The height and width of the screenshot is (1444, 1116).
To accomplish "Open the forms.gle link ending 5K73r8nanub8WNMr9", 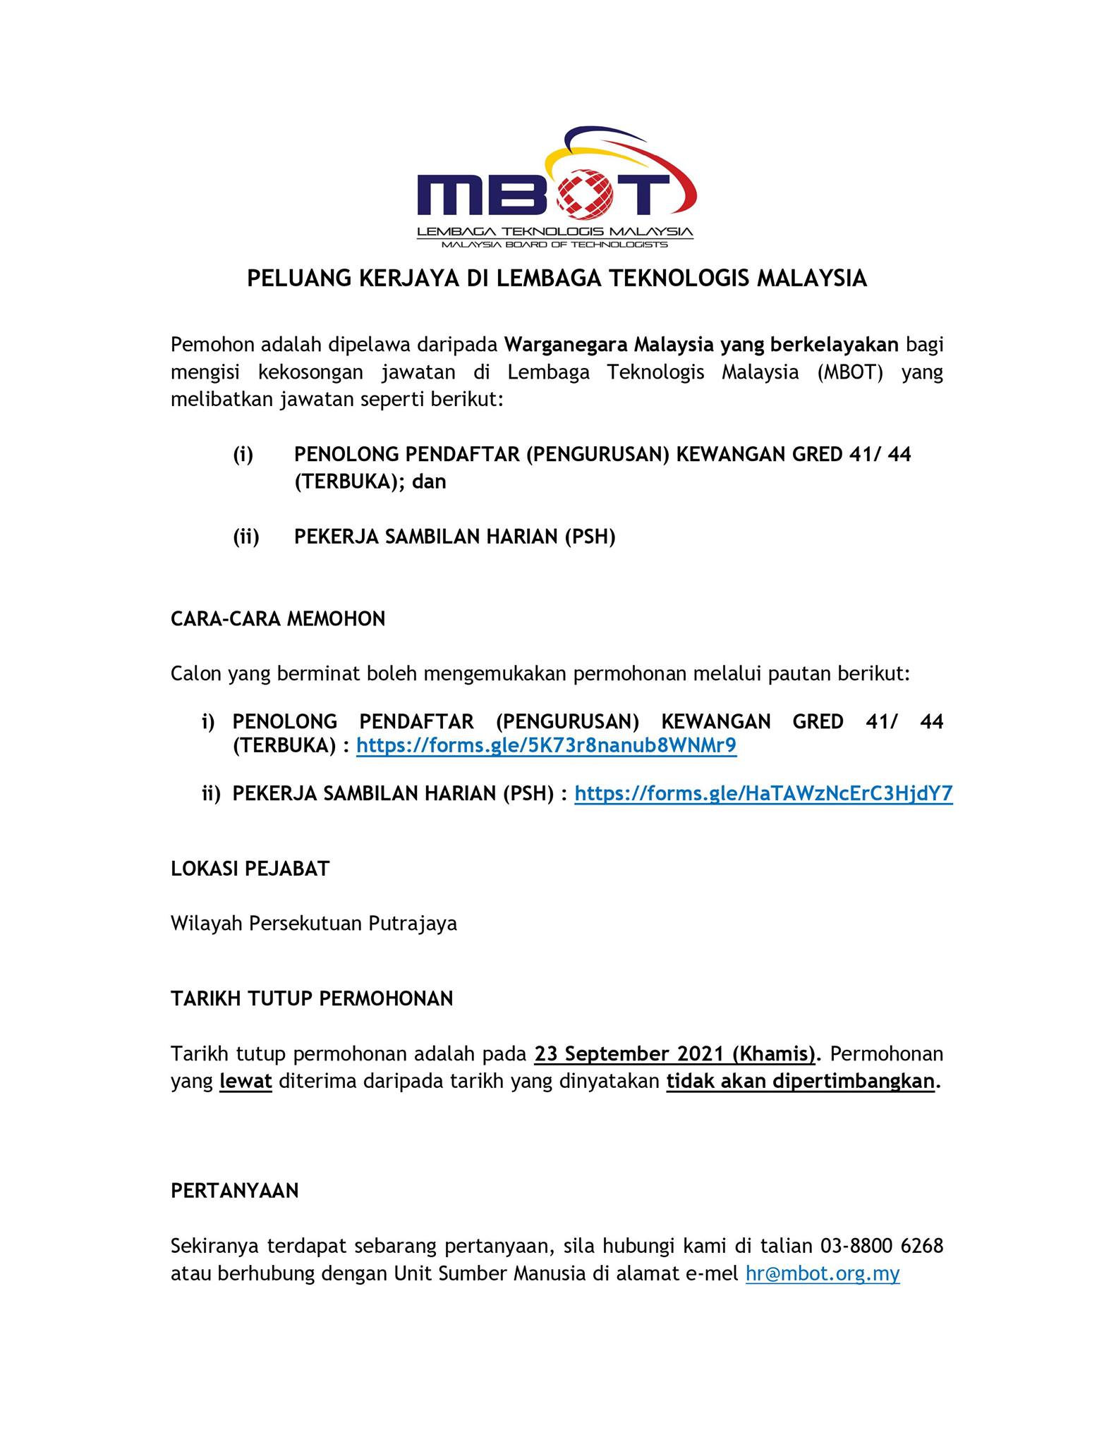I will pyautogui.click(x=546, y=745).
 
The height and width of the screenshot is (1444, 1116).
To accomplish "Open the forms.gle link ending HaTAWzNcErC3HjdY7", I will pyautogui.click(x=763, y=794).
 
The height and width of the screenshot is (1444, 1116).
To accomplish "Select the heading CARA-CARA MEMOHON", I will pyautogui.click(x=278, y=619).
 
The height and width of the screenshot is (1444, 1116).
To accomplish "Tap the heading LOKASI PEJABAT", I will pyautogui.click(x=250, y=869).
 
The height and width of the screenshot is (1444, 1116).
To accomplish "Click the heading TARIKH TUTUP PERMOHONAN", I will pyautogui.click(x=312, y=998).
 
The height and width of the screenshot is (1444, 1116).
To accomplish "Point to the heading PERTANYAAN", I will pyautogui.click(x=234, y=1191).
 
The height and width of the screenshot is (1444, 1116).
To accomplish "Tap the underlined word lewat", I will pyautogui.click(x=245, y=1082).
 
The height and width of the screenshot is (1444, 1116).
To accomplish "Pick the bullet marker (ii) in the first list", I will pyautogui.click(x=246, y=537).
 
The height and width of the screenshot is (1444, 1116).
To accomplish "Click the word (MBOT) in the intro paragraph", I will pyautogui.click(x=850, y=372).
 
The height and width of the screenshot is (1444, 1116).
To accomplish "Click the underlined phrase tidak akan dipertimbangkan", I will pyautogui.click(x=800, y=1082).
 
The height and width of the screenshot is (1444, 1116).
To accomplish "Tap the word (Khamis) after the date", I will pyautogui.click(x=774, y=1054).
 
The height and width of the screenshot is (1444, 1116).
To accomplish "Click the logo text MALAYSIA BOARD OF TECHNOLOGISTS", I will pyautogui.click(x=554, y=245).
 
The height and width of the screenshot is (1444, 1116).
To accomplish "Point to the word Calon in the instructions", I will pyautogui.click(x=195, y=674).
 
